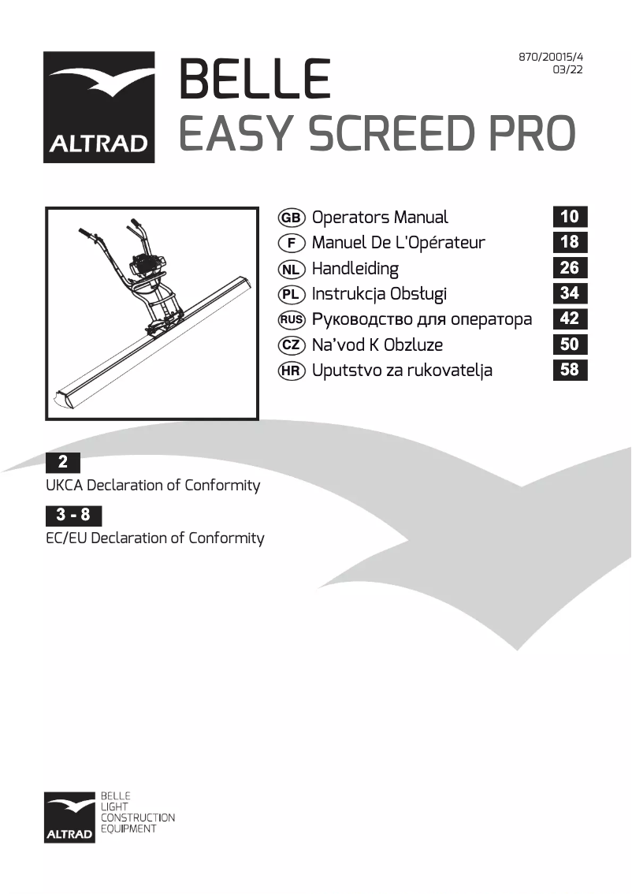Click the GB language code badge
pyautogui.click(x=292, y=218)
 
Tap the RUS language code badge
pyautogui.click(x=292, y=319)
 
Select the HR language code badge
pyautogui.click(x=292, y=371)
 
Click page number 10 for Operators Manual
pyautogui.click(x=570, y=217)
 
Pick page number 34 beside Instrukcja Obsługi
pyautogui.click(x=570, y=293)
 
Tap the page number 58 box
pyautogui.click(x=570, y=369)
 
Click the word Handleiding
pyautogui.click(x=355, y=269)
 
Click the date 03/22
pyautogui.click(x=568, y=70)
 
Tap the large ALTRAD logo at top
pyautogui.click(x=99, y=107)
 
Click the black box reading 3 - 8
pyautogui.click(x=74, y=516)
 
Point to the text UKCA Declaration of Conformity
pyautogui.click(x=153, y=486)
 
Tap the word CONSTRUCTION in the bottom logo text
pyautogui.click(x=137, y=818)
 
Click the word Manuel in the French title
pyautogui.click(x=340, y=243)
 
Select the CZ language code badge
pyautogui.click(x=292, y=345)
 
